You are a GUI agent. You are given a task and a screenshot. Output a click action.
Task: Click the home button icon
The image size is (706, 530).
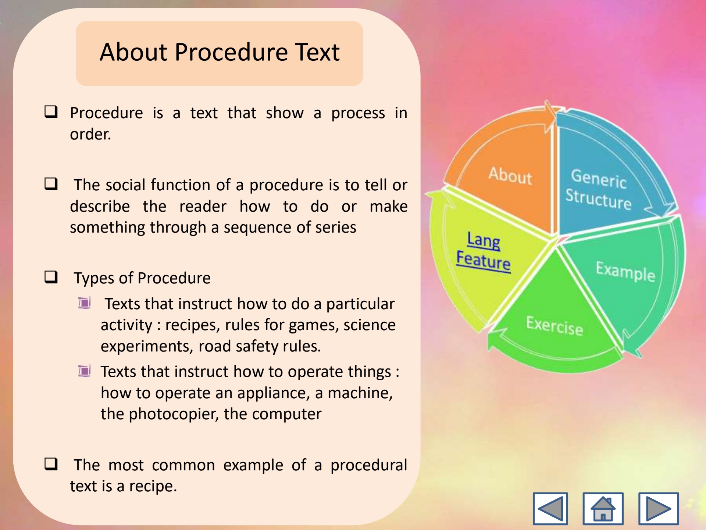pyautogui.click(x=603, y=508)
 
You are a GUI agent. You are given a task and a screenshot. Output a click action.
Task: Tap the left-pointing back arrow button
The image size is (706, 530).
pyautogui.click(x=550, y=508)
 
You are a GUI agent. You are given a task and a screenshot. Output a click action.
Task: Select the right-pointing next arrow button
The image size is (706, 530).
pyautogui.click(x=659, y=508)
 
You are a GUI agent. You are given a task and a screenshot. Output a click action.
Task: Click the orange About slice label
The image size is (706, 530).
pyautogui.click(x=510, y=176)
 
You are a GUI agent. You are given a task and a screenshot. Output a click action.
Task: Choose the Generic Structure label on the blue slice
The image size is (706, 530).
pyautogui.click(x=598, y=189)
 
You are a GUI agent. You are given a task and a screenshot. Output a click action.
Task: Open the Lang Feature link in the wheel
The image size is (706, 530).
pyautogui.click(x=484, y=251)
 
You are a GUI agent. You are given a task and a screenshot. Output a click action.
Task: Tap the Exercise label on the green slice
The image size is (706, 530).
pyautogui.click(x=555, y=326)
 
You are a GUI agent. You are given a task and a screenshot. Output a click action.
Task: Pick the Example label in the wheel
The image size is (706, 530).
pyautogui.click(x=625, y=272)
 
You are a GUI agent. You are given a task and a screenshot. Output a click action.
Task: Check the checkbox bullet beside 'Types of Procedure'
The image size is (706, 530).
pyautogui.click(x=51, y=277)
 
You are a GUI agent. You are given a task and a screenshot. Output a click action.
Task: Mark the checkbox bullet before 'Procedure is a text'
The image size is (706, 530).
pyautogui.click(x=51, y=112)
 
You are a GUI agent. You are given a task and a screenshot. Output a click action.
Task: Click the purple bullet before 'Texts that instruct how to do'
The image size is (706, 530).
pyautogui.click(x=85, y=303)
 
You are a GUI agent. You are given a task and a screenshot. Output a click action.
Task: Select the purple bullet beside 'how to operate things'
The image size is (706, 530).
pyautogui.click(x=85, y=371)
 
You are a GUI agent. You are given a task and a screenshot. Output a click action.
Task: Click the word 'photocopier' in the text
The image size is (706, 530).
pyautogui.click(x=171, y=414)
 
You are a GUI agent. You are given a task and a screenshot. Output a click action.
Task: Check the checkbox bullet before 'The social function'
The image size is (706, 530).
pyautogui.click(x=51, y=184)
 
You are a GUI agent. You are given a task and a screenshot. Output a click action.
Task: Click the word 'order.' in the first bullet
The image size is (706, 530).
pyautogui.click(x=90, y=134)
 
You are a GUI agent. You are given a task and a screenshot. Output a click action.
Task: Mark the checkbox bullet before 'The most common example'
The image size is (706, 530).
pyautogui.click(x=51, y=464)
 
